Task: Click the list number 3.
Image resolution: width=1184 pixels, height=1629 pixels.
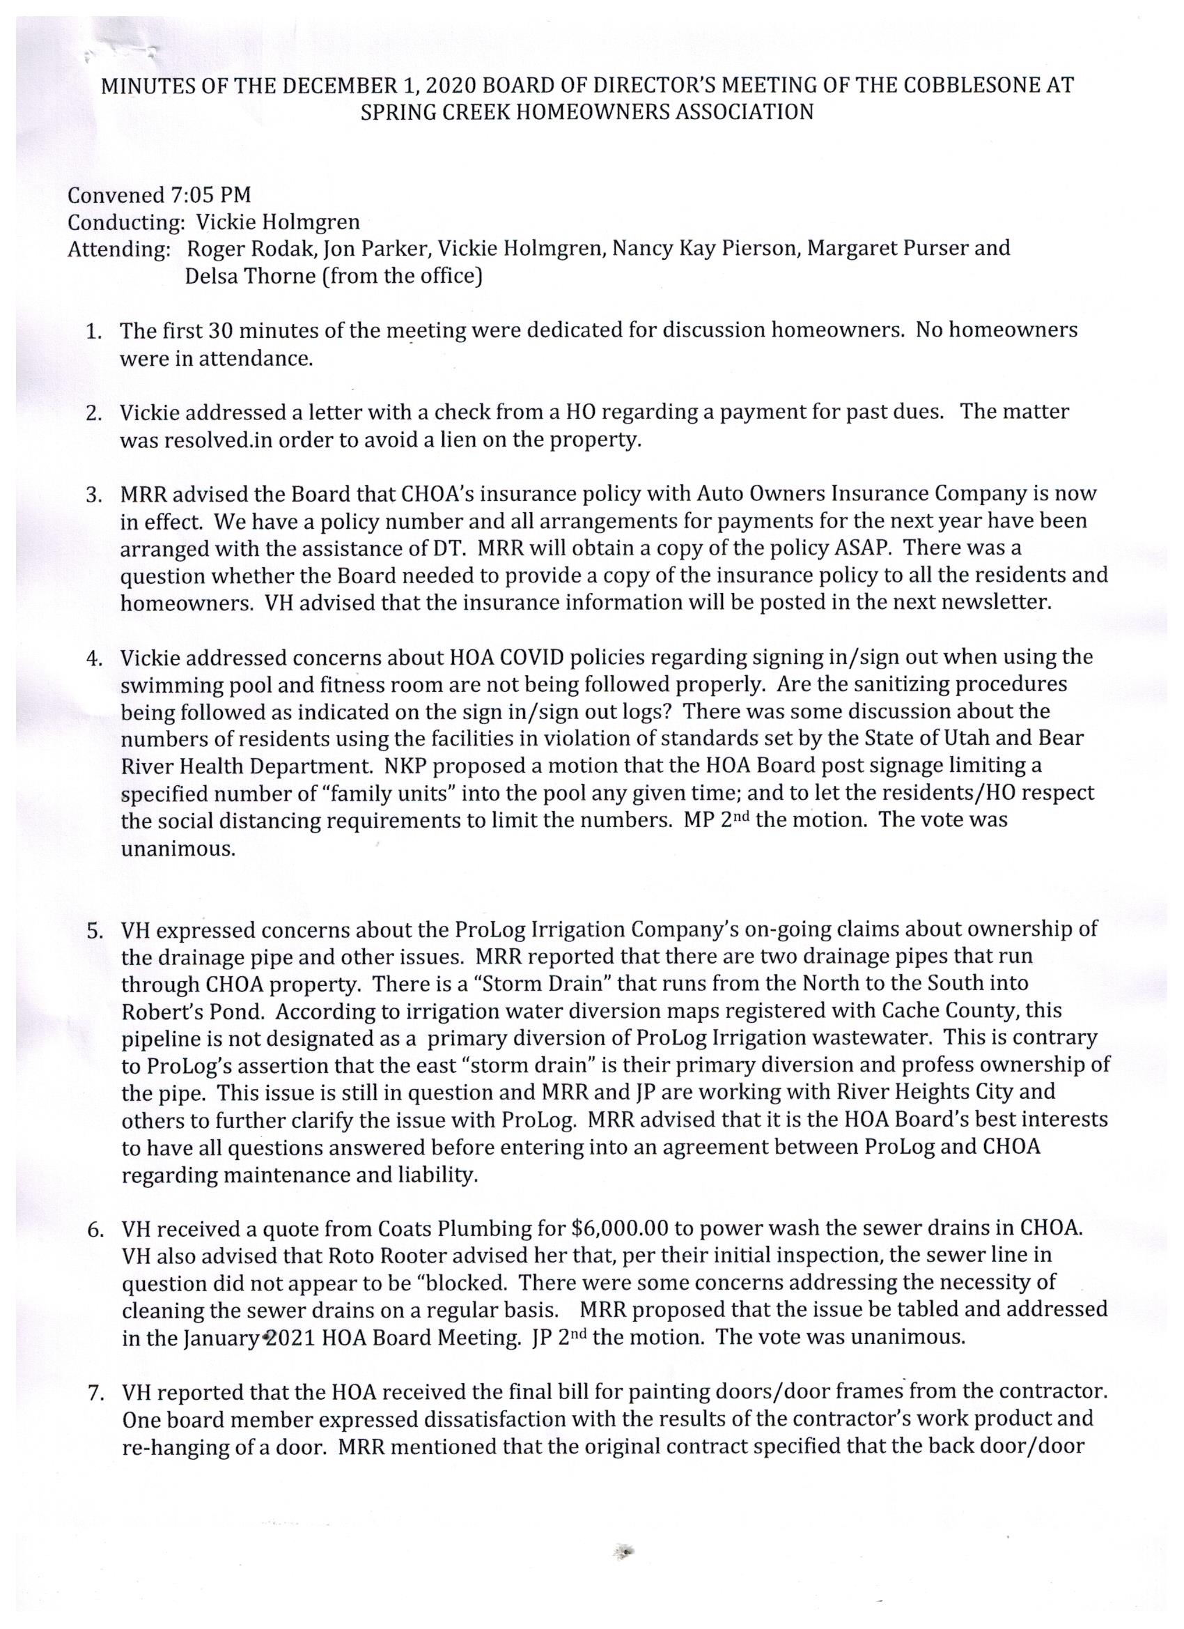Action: coord(94,495)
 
